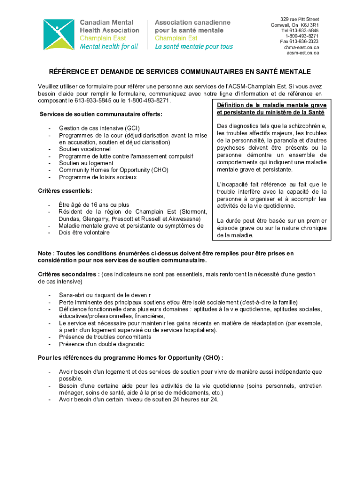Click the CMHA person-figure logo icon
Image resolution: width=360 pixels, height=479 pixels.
point(59,34)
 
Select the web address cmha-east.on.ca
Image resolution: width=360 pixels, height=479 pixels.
point(302,47)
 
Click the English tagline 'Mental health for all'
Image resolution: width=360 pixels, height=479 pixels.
point(109,46)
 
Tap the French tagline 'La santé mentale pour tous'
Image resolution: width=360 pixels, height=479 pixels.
point(194,46)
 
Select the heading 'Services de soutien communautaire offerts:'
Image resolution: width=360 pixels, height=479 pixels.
point(101,114)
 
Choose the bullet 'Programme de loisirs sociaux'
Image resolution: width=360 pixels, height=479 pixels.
point(98,177)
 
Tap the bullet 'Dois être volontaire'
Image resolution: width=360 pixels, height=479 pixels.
point(84,232)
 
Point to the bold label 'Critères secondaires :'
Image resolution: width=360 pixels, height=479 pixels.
point(69,274)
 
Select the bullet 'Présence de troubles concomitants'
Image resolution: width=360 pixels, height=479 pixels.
point(105,337)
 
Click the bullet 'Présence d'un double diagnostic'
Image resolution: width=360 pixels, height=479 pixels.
point(101,344)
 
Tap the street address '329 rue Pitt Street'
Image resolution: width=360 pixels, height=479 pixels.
point(296,19)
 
